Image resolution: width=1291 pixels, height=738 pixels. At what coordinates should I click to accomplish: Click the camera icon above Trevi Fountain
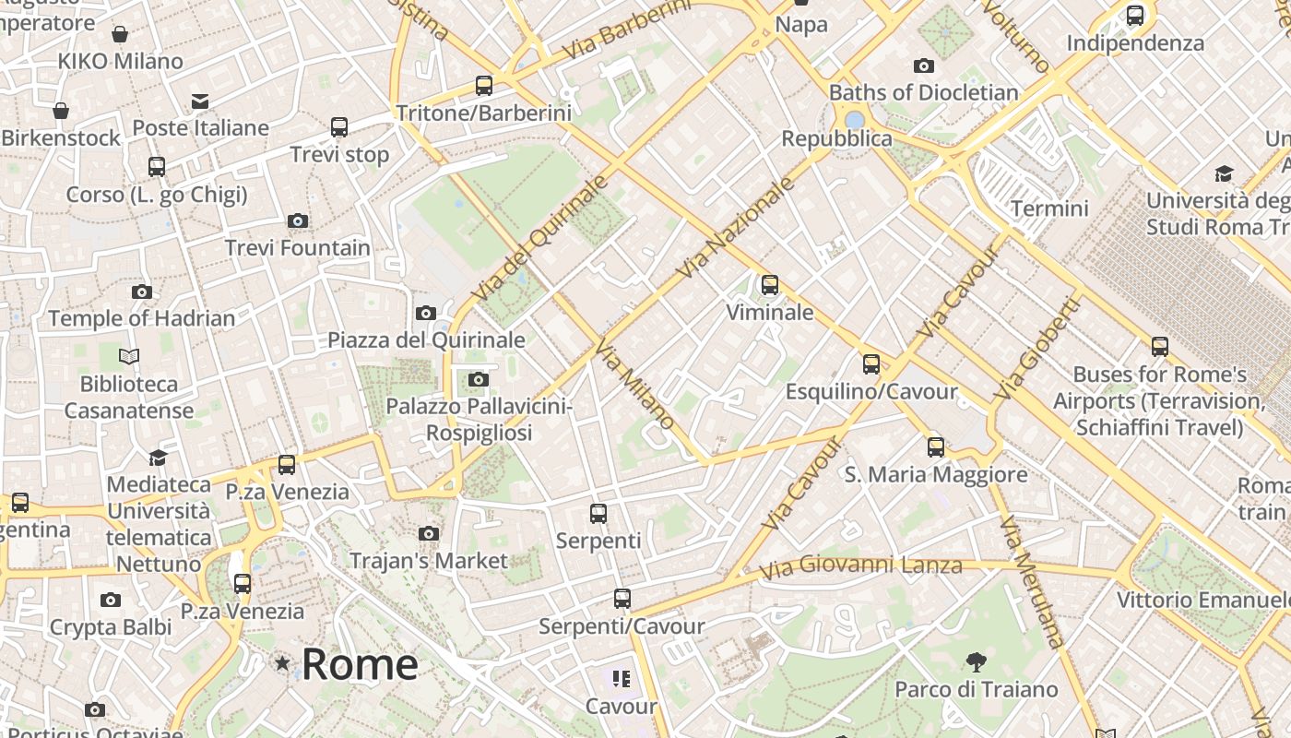tap(297, 220)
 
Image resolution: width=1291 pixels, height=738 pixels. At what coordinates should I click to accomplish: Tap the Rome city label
tap(360, 664)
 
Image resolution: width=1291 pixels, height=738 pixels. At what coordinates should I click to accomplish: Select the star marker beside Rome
tap(282, 663)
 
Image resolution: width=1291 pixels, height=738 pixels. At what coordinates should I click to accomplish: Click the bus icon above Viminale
tap(770, 285)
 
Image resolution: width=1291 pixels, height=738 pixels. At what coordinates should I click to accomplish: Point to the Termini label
tap(1049, 208)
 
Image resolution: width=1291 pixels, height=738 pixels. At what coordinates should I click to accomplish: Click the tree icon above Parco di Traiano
tap(976, 661)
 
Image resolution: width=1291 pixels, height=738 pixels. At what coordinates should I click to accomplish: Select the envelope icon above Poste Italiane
tap(200, 101)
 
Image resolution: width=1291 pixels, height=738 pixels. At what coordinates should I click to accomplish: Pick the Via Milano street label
tap(634, 383)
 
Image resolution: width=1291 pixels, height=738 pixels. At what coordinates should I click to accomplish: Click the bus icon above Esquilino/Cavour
tap(871, 364)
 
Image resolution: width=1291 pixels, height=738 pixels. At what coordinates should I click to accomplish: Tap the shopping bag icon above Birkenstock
tap(61, 111)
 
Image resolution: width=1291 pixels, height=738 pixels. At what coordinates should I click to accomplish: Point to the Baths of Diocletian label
tap(923, 92)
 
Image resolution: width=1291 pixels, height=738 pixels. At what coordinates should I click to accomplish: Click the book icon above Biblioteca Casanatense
tap(129, 356)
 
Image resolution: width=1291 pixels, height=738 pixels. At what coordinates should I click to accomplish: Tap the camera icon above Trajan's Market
tap(429, 533)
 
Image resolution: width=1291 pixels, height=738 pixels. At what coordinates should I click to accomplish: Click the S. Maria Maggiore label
tap(936, 474)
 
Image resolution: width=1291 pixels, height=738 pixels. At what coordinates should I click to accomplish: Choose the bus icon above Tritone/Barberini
tap(484, 86)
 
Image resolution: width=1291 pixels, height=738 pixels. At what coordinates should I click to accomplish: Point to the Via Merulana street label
tap(1032, 582)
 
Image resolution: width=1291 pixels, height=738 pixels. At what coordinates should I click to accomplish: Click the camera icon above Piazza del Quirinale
tap(426, 313)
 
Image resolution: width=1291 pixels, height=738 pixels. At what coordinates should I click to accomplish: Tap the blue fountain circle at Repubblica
tap(855, 121)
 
